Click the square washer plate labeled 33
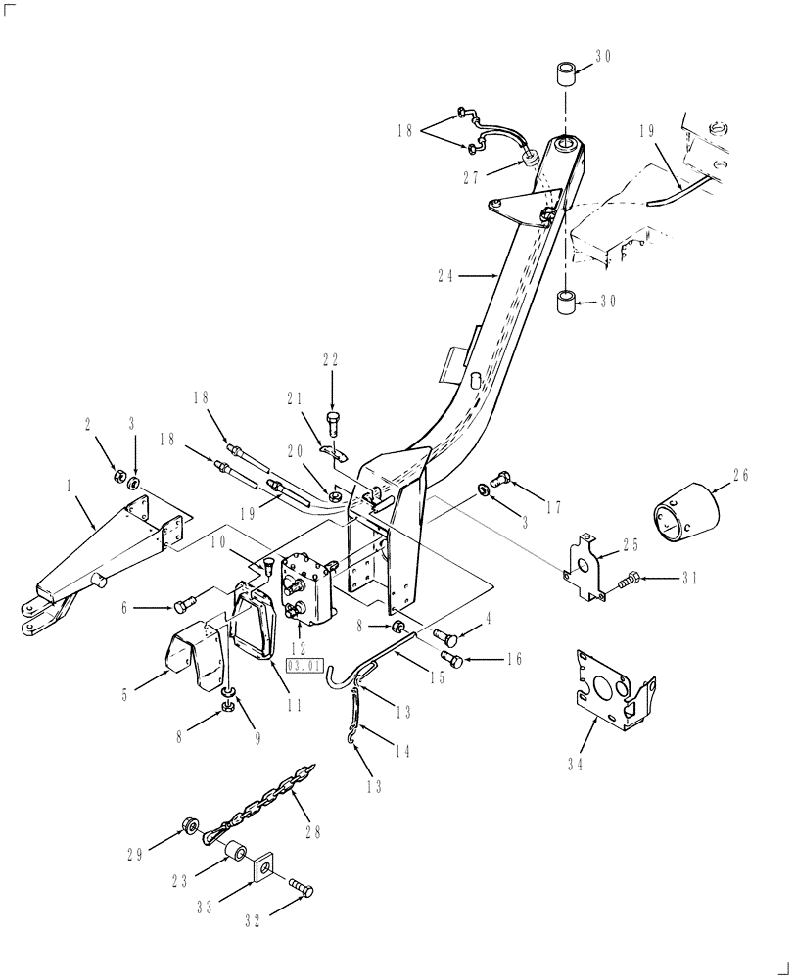tap(262, 865)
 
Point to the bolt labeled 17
tap(500, 478)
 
